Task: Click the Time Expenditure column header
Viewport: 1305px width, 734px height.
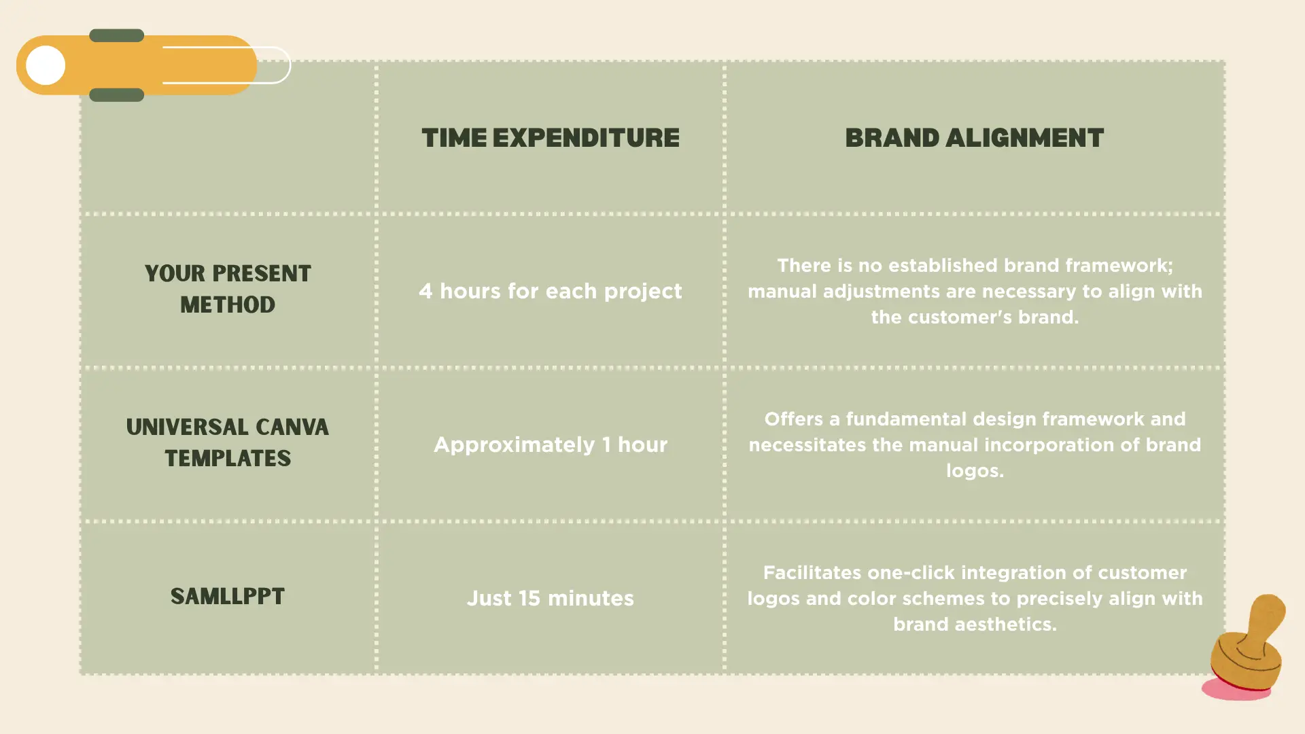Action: click(551, 138)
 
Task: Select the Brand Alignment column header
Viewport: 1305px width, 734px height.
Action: click(975, 138)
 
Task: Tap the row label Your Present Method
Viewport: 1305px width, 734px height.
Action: click(228, 289)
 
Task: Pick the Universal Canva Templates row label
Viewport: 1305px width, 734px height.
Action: click(228, 442)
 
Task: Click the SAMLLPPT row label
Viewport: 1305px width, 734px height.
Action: click(228, 597)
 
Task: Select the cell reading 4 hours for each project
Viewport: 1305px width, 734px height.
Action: click(551, 291)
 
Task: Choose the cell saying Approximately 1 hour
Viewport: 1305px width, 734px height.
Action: click(551, 444)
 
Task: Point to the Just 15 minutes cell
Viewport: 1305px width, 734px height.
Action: click(551, 598)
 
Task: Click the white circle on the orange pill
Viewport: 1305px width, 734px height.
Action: click(46, 65)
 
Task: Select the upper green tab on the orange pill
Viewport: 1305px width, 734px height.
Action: click(116, 35)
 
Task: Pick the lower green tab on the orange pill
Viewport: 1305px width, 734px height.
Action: click(116, 94)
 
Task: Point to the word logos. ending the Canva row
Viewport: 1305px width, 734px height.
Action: click(975, 471)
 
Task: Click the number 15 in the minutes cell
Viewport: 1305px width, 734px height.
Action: click(529, 598)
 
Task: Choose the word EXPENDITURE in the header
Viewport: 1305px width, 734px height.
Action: click(586, 138)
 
